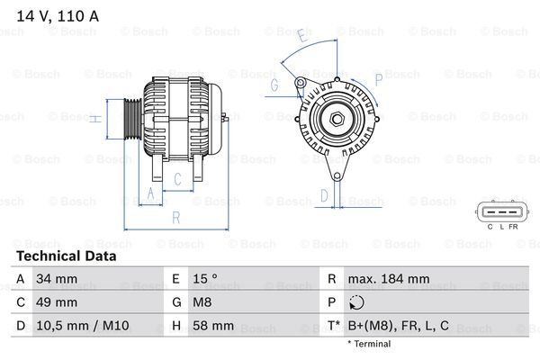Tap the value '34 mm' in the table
coord(55,279)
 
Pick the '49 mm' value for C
coord(55,302)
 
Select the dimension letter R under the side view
coord(176,217)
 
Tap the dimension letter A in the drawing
coord(150,194)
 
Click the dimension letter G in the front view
coord(274,85)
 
